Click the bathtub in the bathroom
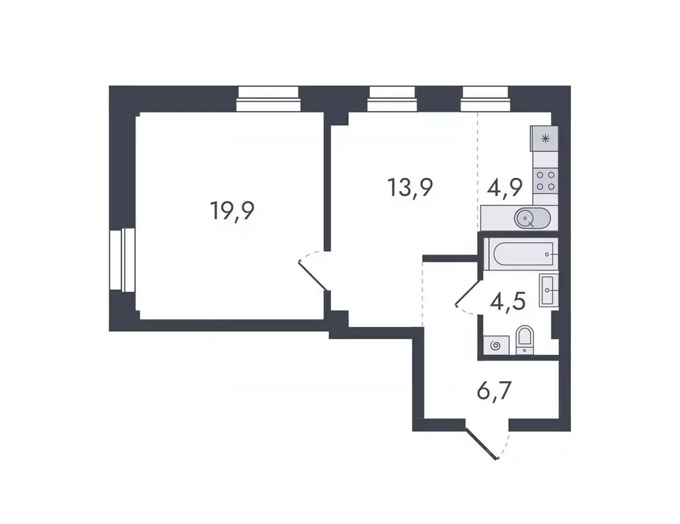pyautogui.click(x=520, y=254)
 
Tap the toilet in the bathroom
pyautogui.click(x=525, y=339)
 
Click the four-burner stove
pyautogui.click(x=544, y=180)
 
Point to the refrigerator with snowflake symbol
pyautogui.click(x=544, y=139)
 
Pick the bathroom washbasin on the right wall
pyautogui.click(x=548, y=289)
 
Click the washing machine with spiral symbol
pyautogui.click(x=495, y=345)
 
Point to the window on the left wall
pyautogui.click(x=123, y=260)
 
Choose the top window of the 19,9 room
pyautogui.click(x=268, y=100)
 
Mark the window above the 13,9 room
pyautogui.click(x=392, y=100)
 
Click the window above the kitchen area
pyautogui.click(x=484, y=100)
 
